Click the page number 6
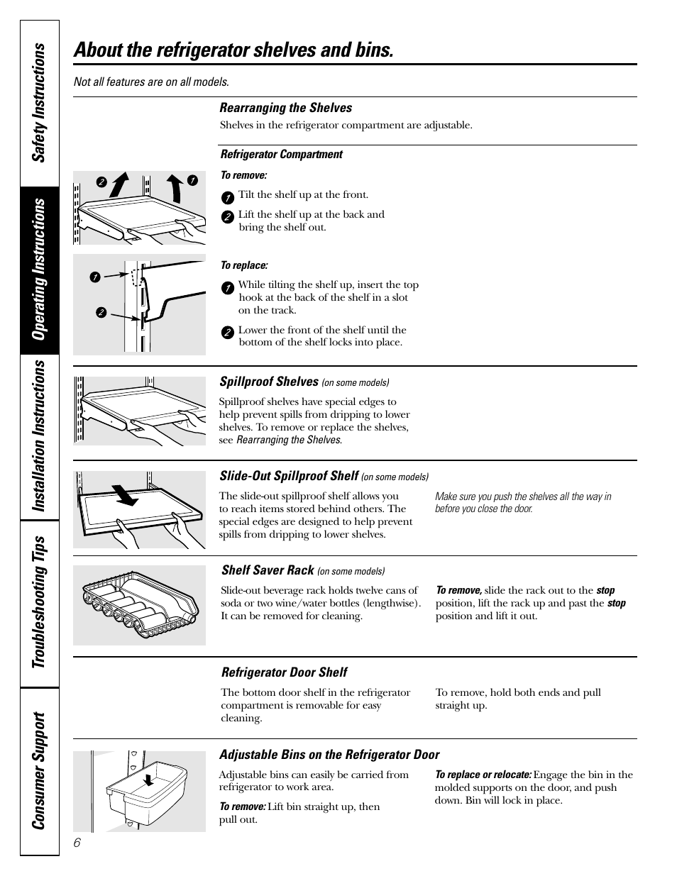click(77, 843)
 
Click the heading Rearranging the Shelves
click(285, 108)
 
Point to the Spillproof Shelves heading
click(269, 382)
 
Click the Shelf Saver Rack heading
click(268, 570)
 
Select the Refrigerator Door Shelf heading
click(284, 672)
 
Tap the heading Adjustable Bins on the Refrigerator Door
click(329, 755)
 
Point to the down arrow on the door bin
click(148, 780)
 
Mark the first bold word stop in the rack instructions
click(605, 590)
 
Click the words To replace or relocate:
click(483, 775)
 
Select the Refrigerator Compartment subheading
click(281, 154)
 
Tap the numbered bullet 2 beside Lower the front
click(227, 332)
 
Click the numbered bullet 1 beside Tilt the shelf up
click(227, 197)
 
